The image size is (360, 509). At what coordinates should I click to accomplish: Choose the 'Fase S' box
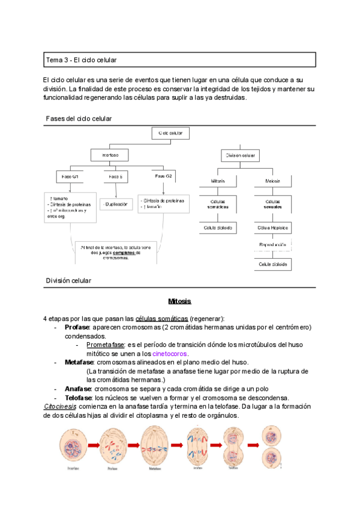(x=116, y=177)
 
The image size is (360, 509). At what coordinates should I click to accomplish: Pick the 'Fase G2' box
(x=163, y=177)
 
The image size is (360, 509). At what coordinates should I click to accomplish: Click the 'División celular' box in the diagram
(x=241, y=155)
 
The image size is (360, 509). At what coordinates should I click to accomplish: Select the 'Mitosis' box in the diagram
(x=218, y=181)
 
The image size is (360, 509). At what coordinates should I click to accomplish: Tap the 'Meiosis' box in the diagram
(x=273, y=181)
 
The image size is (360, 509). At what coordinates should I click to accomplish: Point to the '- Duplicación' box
(x=116, y=204)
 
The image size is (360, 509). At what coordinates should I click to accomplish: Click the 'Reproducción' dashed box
(x=273, y=245)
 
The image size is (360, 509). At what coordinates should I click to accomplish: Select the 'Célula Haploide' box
(x=273, y=228)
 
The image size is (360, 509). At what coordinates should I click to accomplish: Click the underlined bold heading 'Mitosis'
(x=179, y=302)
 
